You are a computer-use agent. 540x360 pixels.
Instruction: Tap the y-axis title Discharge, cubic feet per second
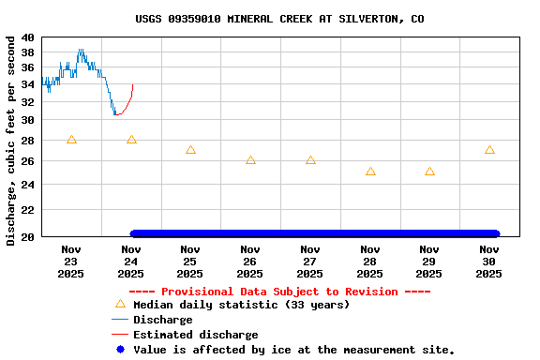[11, 141]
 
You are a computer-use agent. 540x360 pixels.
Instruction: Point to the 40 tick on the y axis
[27, 37]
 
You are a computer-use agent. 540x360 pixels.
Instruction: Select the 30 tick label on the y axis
[27, 120]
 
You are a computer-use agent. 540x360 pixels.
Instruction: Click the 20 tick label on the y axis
[27, 236]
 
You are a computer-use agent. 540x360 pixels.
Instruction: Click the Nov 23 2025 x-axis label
[71, 262]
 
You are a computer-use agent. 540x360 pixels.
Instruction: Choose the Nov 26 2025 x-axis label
[250, 262]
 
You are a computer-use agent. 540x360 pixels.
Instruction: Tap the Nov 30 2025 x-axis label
[489, 262]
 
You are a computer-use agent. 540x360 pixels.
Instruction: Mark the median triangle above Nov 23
[71, 140]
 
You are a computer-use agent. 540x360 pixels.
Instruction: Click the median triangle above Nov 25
[190, 150]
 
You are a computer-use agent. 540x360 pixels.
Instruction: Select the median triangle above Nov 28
[370, 172]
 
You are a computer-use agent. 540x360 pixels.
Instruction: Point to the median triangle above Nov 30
[489, 150]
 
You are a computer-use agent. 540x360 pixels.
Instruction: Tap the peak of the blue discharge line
[81, 51]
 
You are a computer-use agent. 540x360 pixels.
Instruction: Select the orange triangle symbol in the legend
[119, 304]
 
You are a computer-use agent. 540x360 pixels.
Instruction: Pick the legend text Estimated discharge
[195, 335]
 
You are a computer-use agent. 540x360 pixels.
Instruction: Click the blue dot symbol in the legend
[119, 350]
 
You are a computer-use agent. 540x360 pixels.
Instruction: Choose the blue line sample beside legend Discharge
[119, 320]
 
